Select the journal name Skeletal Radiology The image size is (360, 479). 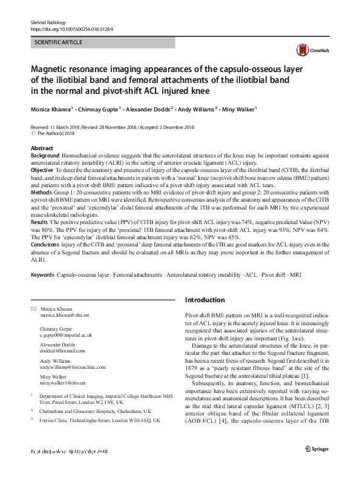pos(48,22)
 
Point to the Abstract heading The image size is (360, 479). pos(41,148)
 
